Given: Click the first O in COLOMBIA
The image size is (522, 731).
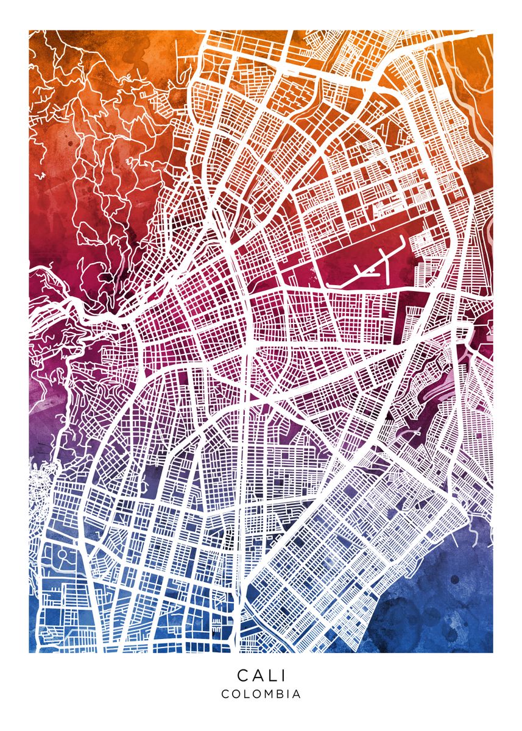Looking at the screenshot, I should click(236, 694).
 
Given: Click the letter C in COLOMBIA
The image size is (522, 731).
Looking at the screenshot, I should click(225, 694).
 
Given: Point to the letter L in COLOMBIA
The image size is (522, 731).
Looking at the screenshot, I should click(246, 694).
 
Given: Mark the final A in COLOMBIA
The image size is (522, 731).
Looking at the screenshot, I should click(296, 694).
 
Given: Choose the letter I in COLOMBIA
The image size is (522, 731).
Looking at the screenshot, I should click(287, 694).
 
